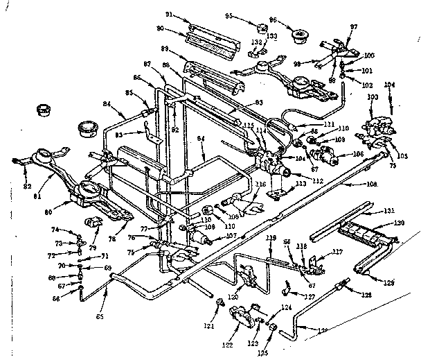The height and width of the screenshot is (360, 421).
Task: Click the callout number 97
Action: tap(355, 26)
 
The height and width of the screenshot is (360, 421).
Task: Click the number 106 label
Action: tap(339, 154)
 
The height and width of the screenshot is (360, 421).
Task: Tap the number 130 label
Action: tap(398, 223)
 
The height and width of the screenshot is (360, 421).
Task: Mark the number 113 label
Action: tap(301, 185)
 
